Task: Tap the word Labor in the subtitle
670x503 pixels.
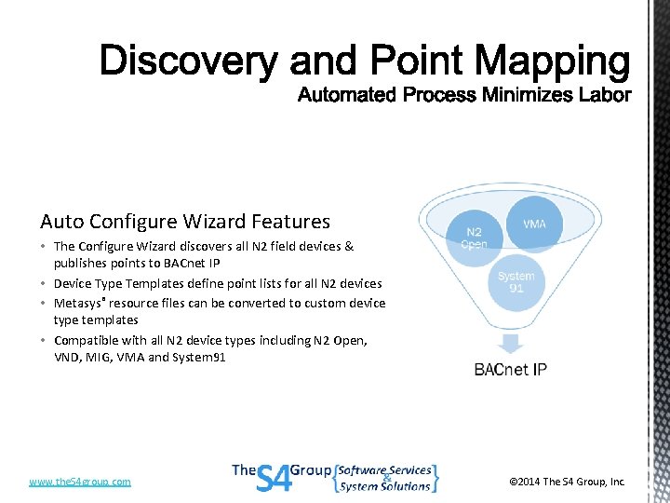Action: pyautogui.click(x=606, y=95)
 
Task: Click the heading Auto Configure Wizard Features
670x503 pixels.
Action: pyautogui.click(x=184, y=222)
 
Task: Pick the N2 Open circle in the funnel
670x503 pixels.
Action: pyautogui.click(x=475, y=238)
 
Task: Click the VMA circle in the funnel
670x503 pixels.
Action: pyautogui.click(x=534, y=224)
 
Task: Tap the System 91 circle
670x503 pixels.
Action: pyautogui.click(x=516, y=281)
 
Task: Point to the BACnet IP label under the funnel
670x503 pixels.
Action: pyautogui.click(x=510, y=370)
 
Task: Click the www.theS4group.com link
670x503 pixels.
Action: pyautogui.click(x=80, y=482)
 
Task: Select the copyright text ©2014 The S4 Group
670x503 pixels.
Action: pyautogui.click(x=567, y=482)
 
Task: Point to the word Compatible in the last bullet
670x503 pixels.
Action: pyautogui.click(x=87, y=340)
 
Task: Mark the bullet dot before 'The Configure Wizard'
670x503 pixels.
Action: pyautogui.click(x=45, y=247)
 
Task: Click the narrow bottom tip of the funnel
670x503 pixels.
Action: pyautogui.click(x=510, y=340)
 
